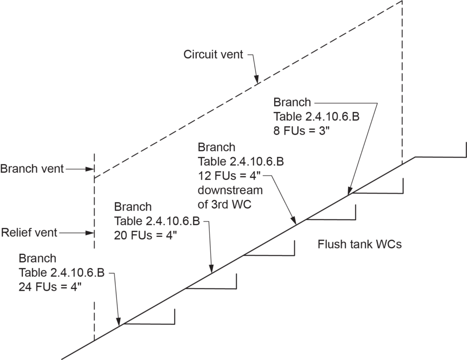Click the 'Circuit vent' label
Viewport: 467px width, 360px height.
tap(213, 55)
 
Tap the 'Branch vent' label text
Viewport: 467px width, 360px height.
tap(32, 169)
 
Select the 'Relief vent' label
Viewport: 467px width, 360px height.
tap(29, 233)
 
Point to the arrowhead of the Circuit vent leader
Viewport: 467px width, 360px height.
tap(257, 82)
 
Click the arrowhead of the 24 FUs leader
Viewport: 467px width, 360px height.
tap(119, 323)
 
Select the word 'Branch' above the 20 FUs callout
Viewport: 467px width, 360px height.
tap(133, 207)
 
